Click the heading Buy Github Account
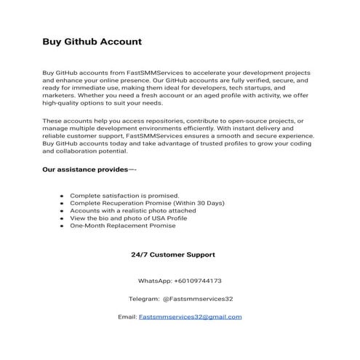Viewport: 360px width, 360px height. [x=91, y=41]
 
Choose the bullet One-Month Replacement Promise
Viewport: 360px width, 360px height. [x=122, y=225]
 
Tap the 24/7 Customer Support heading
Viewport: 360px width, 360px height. [x=172, y=255]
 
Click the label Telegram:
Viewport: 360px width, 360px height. [x=143, y=299]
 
